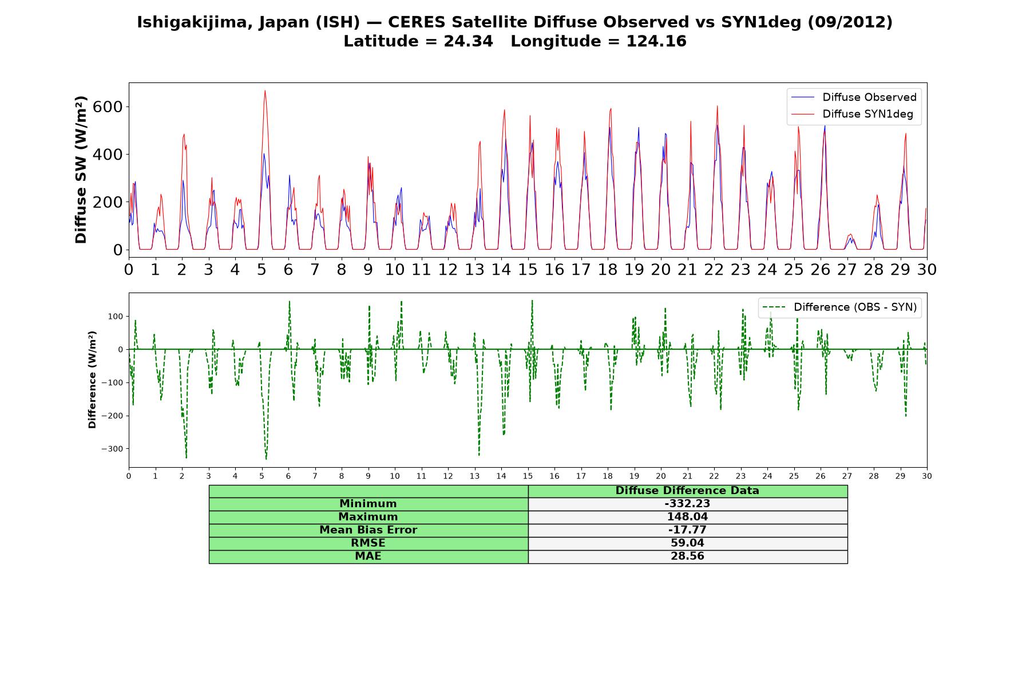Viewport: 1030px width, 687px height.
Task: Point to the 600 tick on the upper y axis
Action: (111, 107)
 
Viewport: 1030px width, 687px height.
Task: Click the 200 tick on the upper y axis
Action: (111, 202)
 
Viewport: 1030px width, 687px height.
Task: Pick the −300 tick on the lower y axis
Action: (112, 449)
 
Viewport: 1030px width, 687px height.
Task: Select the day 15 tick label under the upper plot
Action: (528, 269)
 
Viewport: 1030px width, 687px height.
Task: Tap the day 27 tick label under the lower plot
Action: (847, 476)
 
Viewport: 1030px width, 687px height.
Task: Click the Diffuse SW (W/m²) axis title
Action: (81, 170)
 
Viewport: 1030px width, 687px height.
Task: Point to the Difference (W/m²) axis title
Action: (92, 380)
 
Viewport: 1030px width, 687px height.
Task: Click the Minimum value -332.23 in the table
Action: (687, 504)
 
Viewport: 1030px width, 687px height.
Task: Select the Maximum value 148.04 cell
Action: (687, 517)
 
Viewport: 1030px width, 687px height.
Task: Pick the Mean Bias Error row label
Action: (368, 530)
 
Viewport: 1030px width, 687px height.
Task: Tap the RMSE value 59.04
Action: (687, 543)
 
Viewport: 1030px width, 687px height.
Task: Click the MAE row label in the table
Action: (368, 556)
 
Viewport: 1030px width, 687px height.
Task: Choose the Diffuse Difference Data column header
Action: (687, 491)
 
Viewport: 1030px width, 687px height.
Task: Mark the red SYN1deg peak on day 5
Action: (265, 90)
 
